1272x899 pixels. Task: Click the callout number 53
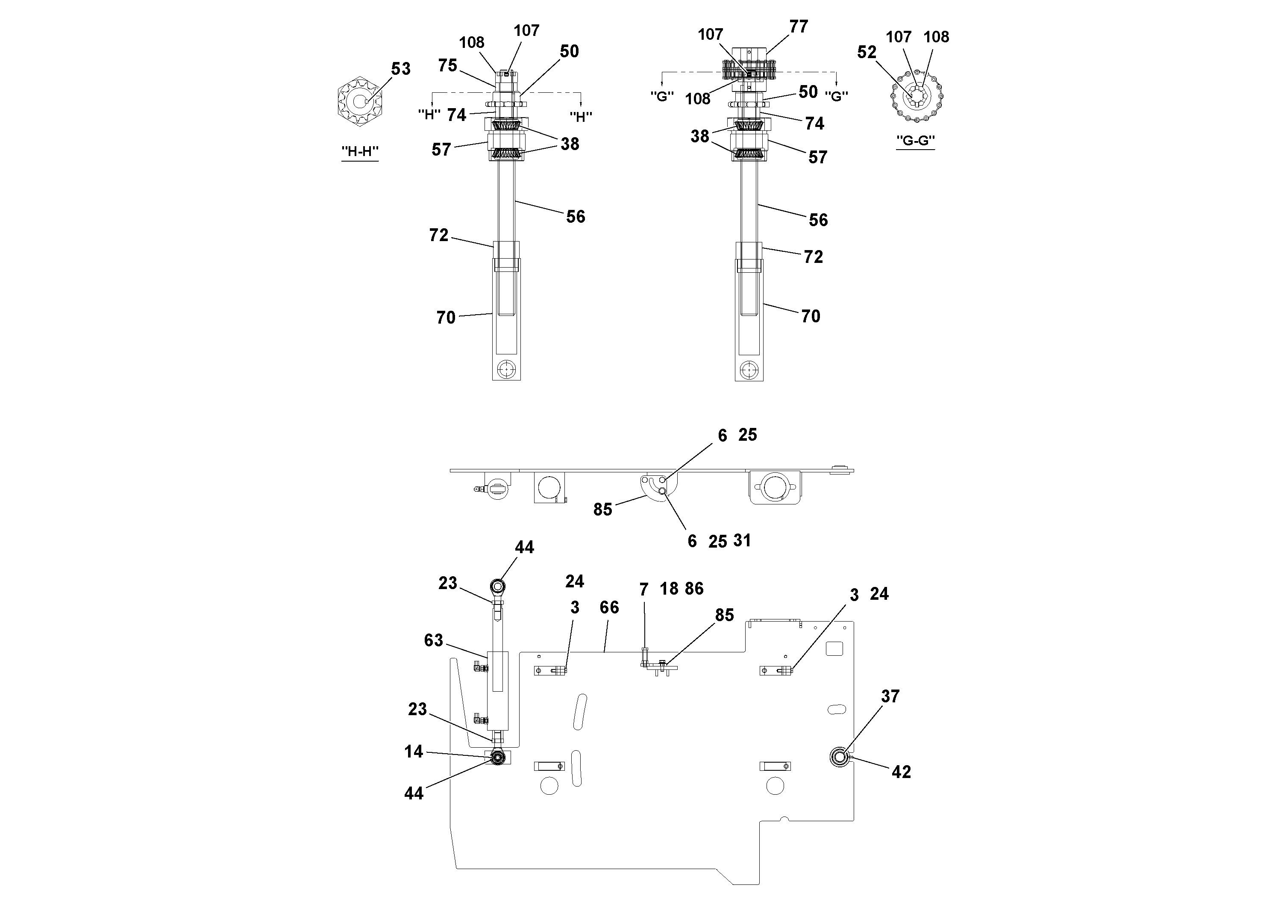click(400, 69)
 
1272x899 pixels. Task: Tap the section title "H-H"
click(360, 151)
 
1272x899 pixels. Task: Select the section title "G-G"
click(915, 140)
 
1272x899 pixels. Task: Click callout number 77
click(798, 27)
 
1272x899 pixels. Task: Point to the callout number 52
click(867, 52)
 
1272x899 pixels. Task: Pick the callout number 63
click(433, 640)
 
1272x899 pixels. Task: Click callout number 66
click(609, 607)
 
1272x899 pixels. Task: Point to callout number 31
click(742, 540)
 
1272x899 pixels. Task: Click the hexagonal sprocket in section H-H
click(358, 101)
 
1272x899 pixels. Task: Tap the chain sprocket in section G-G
click(917, 96)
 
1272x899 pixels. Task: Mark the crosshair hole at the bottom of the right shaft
click(749, 368)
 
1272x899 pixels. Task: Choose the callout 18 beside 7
click(669, 589)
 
